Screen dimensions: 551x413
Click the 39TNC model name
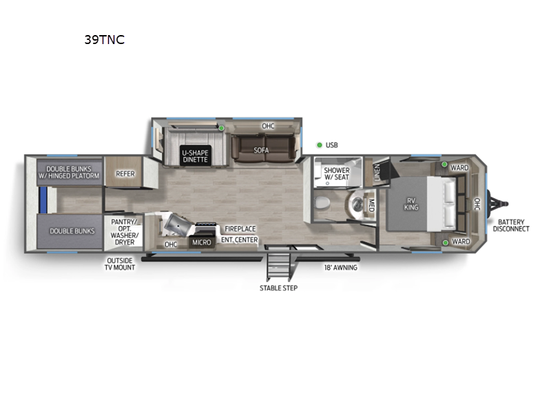(105, 39)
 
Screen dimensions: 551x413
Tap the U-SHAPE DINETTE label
(196, 156)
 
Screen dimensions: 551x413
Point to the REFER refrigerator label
(125, 173)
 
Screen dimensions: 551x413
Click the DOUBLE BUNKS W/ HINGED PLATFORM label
(69, 172)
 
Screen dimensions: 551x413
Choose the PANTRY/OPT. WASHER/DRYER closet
(124, 232)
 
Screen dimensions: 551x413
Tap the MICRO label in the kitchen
(202, 242)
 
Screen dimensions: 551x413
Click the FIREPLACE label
(240, 229)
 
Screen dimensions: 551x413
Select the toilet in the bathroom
(322, 202)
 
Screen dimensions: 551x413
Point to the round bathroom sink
(357, 202)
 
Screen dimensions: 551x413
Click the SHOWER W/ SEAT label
(337, 173)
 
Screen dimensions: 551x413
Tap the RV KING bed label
(411, 204)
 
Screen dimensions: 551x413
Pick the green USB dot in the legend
(320, 145)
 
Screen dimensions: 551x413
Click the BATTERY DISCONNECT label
(511, 226)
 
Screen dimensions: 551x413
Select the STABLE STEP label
(279, 288)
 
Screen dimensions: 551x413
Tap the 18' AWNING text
(340, 268)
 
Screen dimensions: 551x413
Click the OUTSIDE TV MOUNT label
(120, 264)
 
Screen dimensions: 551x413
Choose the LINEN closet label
(377, 171)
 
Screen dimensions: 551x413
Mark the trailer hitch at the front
(497, 204)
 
